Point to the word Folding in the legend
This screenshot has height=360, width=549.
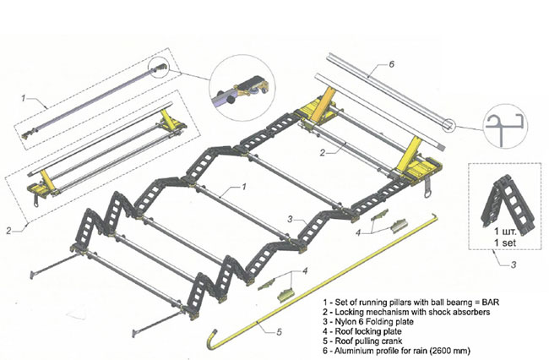click(x=389, y=319)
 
